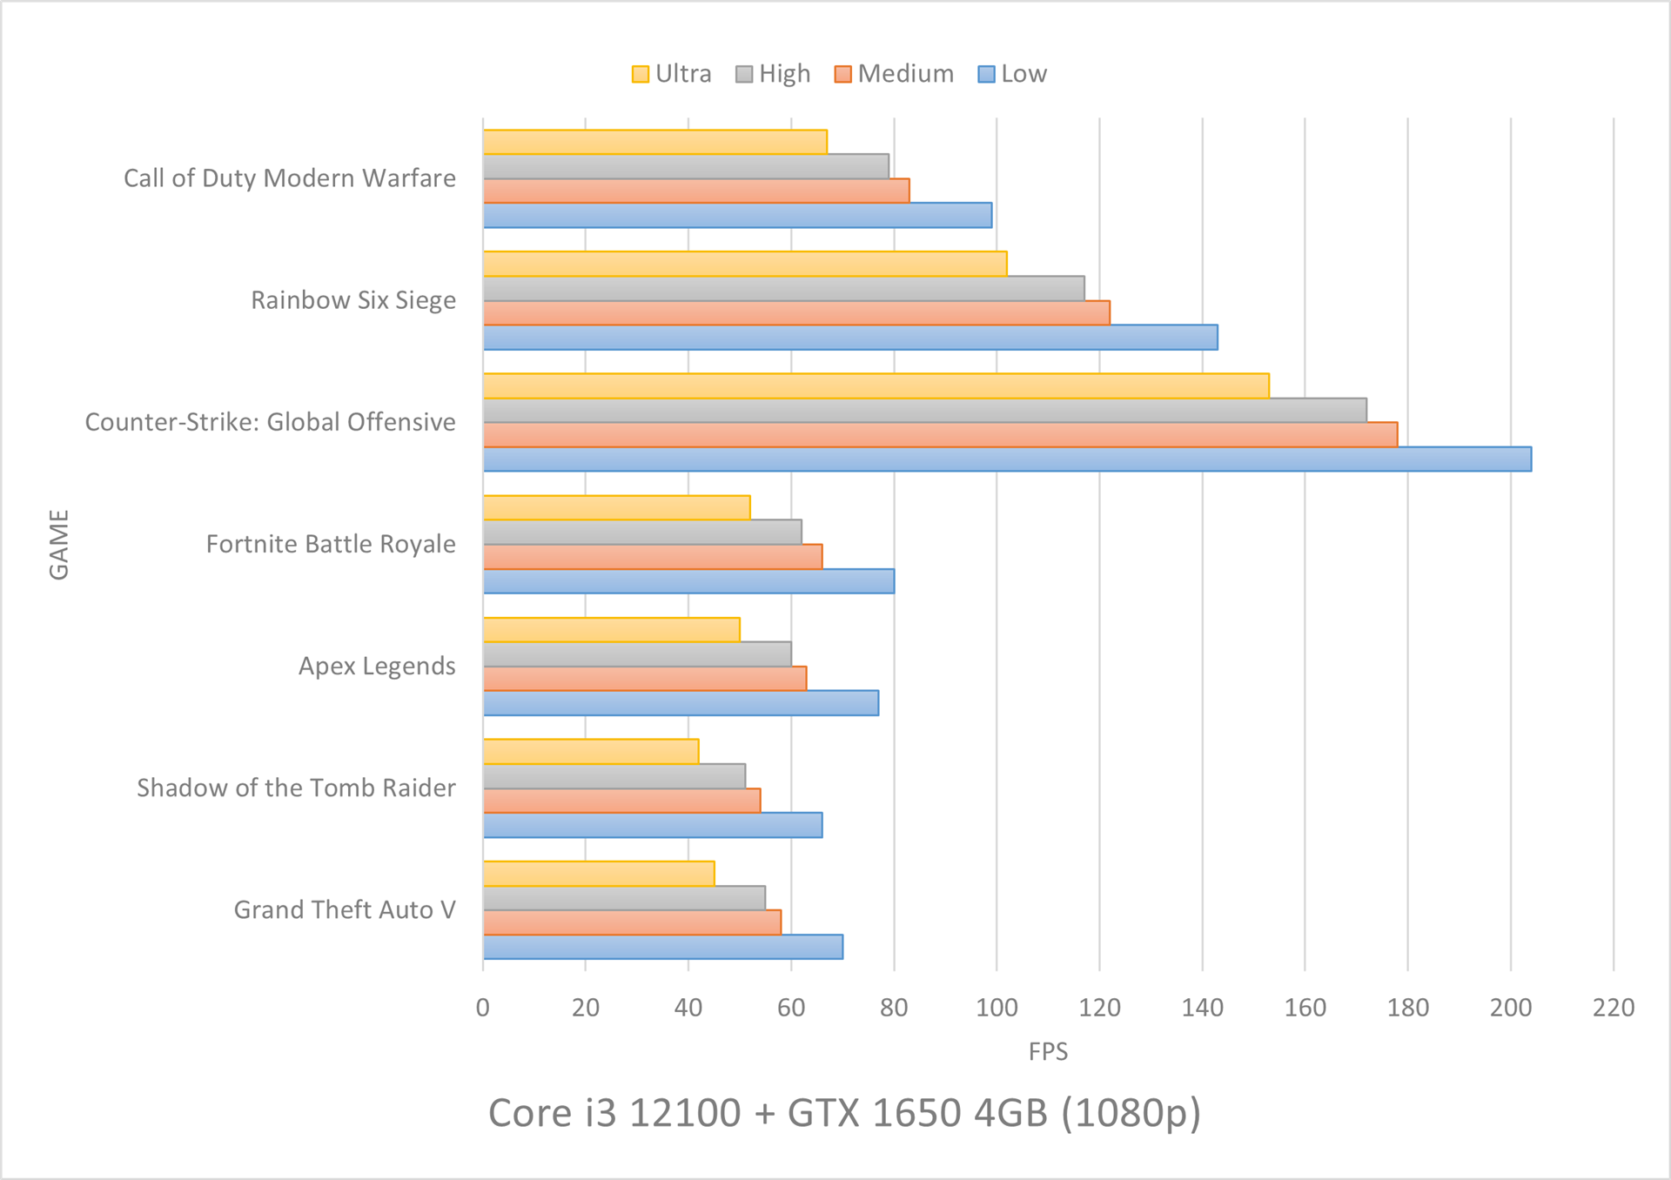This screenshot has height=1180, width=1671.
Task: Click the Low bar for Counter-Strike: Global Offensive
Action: (x=1007, y=459)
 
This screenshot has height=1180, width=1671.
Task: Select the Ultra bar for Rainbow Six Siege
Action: (x=745, y=264)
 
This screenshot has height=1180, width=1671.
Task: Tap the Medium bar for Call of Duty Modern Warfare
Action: (x=696, y=191)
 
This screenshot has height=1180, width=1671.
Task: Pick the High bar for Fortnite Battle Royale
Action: (x=642, y=532)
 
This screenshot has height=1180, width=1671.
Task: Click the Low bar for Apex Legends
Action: (x=681, y=703)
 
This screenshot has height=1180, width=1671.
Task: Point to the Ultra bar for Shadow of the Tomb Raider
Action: (x=591, y=751)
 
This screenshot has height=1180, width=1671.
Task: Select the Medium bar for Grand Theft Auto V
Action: (x=632, y=922)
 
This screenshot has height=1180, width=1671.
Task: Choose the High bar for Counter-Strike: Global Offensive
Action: (x=924, y=410)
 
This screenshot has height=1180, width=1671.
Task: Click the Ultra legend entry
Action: (x=672, y=74)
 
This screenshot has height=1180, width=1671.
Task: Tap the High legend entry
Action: (x=773, y=74)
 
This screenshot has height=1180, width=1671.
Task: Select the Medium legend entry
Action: (x=894, y=74)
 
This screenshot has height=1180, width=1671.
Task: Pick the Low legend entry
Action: (x=1012, y=74)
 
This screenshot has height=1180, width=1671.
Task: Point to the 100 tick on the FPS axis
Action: (x=997, y=1008)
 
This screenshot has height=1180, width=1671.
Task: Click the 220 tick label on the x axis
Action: (x=1613, y=1008)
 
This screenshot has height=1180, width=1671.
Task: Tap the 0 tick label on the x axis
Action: (x=483, y=1008)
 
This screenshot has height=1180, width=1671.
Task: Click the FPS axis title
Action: (x=1048, y=1052)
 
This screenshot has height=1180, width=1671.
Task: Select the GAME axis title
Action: (x=59, y=545)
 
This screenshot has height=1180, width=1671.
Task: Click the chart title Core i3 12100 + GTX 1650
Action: (x=844, y=1113)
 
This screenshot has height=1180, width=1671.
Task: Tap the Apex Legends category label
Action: (x=377, y=667)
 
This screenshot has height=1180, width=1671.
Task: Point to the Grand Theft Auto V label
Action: (x=345, y=910)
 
